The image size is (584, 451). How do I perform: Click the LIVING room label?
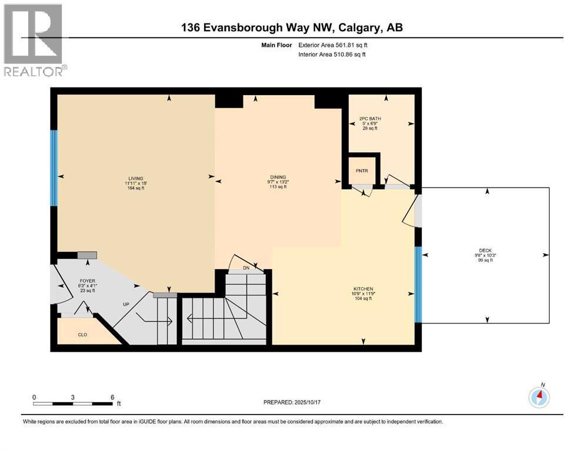(x=136, y=179)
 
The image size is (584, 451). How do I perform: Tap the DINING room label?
(x=278, y=177)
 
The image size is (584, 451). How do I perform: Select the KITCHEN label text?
(x=363, y=290)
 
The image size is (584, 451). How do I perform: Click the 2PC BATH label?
(x=370, y=119)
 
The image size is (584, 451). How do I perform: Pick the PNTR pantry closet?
(x=362, y=171)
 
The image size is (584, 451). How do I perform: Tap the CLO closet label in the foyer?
(x=83, y=335)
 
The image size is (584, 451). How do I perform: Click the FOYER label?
(x=88, y=281)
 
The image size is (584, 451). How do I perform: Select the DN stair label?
(x=246, y=268)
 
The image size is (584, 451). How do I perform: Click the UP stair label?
(x=126, y=304)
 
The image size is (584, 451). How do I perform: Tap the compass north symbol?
(x=539, y=397)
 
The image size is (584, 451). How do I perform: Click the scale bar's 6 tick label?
(x=112, y=397)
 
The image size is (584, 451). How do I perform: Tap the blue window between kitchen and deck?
(x=418, y=284)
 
